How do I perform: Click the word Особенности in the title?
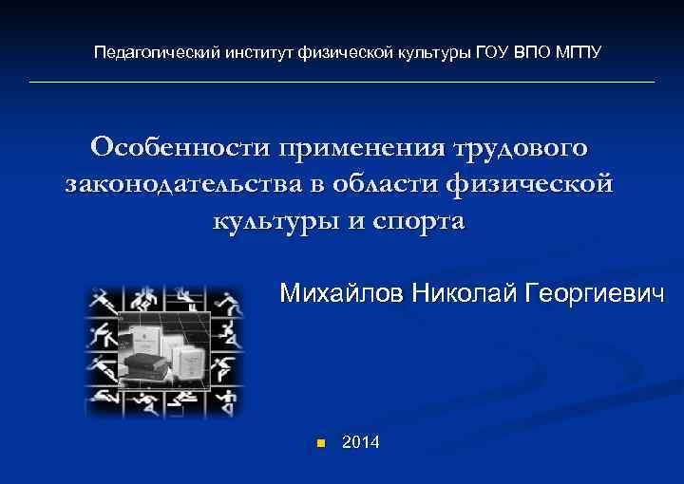pyautogui.click(x=181, y=149)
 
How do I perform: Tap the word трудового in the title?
pyautogui.click(x=524, y=149)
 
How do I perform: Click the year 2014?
pyautogui.click(x=360, y=441)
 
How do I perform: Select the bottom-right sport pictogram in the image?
pyautogui.click(x=229, y=400)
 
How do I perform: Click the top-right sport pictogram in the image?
pyautogui.click(x=229, y=302)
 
